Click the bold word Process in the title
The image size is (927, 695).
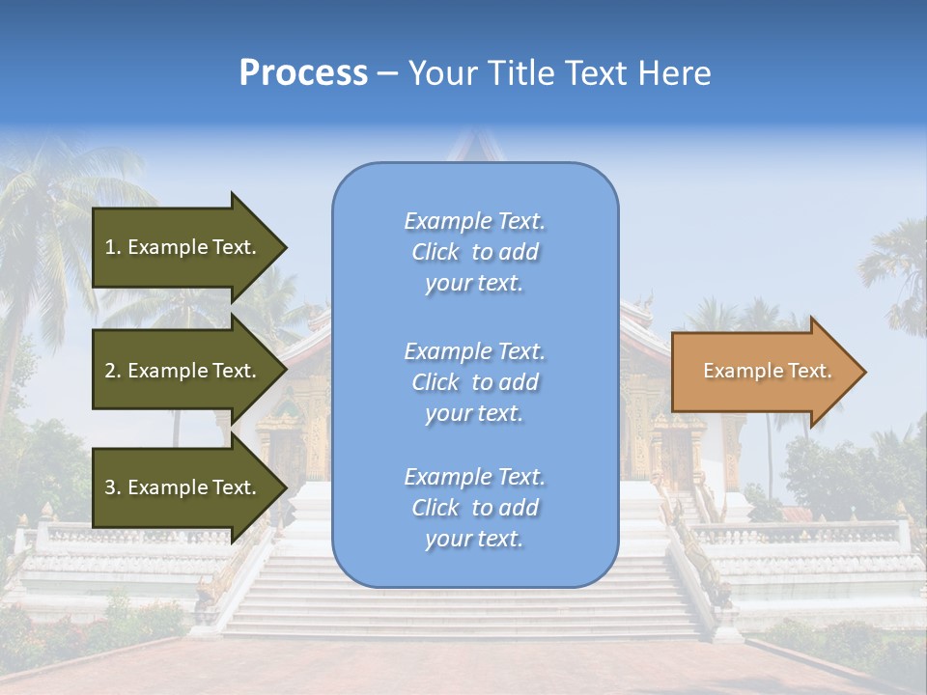pos(303,73)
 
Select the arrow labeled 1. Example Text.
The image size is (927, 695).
pos(183,247)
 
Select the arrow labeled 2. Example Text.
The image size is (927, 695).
pos(183,371)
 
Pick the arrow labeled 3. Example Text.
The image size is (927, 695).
pos(183,487)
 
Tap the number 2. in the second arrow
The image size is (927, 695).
pos(113,371)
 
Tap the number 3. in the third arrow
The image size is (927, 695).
pos(113,487)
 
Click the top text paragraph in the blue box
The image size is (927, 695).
pos(474,252)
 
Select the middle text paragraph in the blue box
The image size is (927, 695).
pos(474,382)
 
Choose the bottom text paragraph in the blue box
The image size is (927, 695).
pos(474,508)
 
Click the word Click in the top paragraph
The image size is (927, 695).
pos(435,252)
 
